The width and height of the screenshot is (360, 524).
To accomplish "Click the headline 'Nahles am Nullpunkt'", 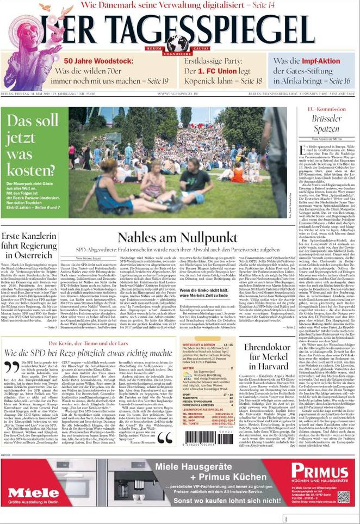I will click(177, 238).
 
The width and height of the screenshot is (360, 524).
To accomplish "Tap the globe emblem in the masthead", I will click(177, 43).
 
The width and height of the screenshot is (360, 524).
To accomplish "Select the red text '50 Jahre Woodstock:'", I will click(98, 61).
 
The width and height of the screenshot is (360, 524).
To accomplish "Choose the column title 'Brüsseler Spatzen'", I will click(326, 124).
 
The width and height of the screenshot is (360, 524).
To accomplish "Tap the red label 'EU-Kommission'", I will click(326, 109).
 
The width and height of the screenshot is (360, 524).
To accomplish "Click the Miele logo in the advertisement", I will click(33, 493).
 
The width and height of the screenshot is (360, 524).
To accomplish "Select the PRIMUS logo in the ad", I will click(319, 472).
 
